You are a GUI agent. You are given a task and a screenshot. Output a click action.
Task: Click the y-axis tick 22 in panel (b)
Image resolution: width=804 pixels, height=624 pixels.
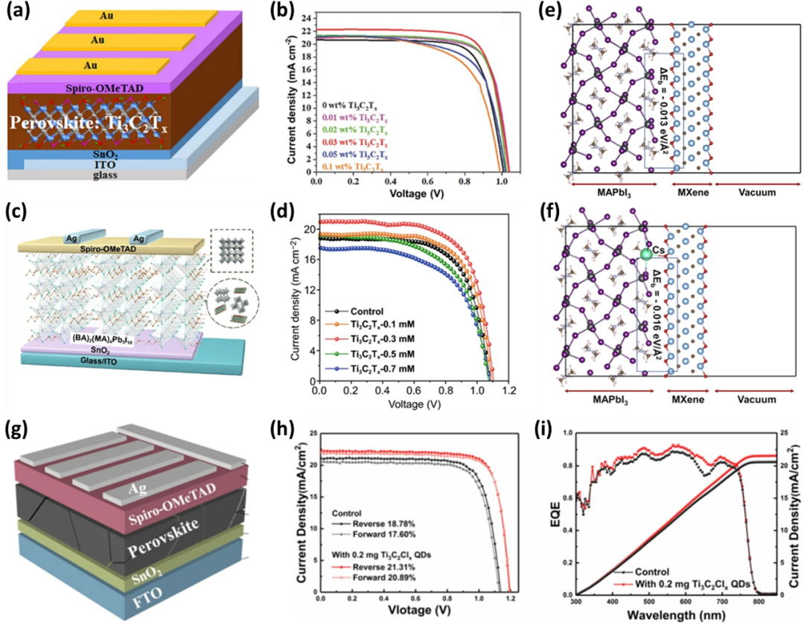(307, 29)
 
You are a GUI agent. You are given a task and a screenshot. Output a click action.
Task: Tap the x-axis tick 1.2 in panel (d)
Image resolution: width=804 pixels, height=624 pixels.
(509, 390)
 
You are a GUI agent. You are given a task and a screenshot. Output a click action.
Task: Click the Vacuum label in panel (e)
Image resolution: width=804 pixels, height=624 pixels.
(748, 192)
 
